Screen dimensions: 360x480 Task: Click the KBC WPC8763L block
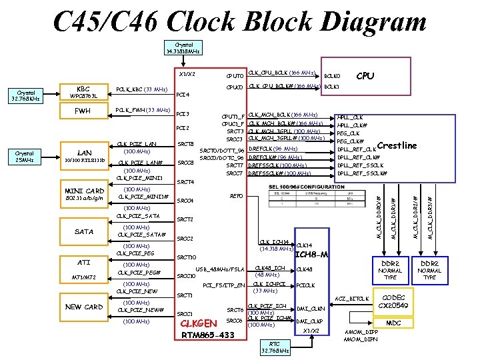point(83,92)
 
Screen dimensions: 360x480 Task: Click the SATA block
point(83,231)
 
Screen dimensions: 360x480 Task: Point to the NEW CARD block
point(83,307)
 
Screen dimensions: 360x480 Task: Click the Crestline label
point(397,145)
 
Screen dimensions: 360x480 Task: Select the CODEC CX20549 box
point(393,301)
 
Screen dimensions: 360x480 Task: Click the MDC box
point(393,323)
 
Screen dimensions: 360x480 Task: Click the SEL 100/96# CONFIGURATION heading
point(308,186)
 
